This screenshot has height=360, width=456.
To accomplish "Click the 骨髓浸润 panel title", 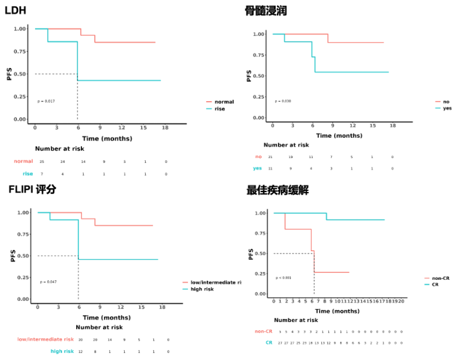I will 266,11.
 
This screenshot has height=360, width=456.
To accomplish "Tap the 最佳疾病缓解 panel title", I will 277,191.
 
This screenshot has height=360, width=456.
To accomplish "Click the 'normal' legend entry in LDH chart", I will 224,102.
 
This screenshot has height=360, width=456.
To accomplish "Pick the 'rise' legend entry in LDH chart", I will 220,109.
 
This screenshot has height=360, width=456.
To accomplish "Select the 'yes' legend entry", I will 447,108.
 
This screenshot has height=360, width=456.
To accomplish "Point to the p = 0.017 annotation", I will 46,101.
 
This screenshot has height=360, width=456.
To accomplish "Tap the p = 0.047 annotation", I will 49,282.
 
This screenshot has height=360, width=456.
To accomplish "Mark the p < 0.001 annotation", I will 283,277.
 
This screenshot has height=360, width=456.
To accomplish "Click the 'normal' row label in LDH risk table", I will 23,161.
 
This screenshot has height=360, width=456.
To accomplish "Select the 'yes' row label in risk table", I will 258,168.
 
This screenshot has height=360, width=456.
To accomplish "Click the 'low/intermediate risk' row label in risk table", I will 46,339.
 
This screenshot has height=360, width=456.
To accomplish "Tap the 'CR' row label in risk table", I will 269,342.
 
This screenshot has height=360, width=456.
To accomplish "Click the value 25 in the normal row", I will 42,161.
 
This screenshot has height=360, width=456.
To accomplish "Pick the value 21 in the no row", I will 271,157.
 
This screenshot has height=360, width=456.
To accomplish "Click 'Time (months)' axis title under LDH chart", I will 107,139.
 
